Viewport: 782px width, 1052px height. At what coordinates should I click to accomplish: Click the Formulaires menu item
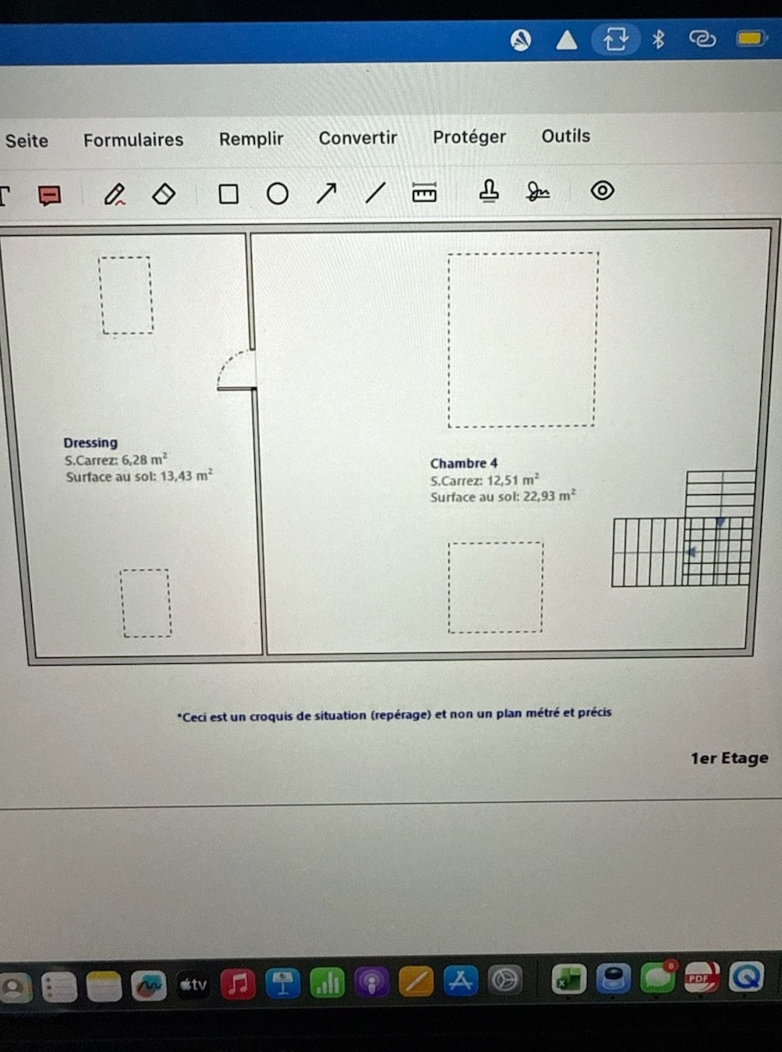click(x=133, y=140)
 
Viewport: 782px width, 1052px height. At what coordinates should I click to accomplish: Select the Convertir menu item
click(x=358, y=138)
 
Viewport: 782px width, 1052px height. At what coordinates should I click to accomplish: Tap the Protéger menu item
click(x=469, y=137)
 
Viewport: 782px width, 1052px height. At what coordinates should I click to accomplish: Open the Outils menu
click(x=566, y=136)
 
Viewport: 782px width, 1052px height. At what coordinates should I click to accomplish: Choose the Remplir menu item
click(x=251, y=140)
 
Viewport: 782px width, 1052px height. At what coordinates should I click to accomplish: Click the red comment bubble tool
click(x=49, y=196)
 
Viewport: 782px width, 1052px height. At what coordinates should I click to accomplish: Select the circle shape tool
click(x=278, y=194)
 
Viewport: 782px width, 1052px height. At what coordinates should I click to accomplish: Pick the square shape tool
click(x=228, y=194)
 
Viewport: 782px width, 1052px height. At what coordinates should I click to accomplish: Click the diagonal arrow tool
click(x=326, y=193)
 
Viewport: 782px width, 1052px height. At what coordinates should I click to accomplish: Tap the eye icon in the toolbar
click(x=603, y=191)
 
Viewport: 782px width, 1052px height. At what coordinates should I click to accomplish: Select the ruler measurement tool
click(x=424, y=192)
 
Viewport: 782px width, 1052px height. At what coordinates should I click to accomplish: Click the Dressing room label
click(x=90, y=443)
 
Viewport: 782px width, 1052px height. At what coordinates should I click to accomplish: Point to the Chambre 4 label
click(x=463, y=463)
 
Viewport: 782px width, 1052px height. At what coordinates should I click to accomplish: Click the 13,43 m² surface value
click(x=187, y=475)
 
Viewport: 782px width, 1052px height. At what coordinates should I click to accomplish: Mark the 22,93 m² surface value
click(x=549, y=496)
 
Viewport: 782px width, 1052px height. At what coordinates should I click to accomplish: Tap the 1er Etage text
click(x=729, y=758)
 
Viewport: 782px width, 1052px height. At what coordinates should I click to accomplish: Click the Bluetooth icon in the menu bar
click(x=658, y=39)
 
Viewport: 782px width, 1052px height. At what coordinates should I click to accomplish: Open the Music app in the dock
click(x=238, y=984)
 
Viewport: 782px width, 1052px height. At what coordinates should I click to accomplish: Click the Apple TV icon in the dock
click(x=193, y=985)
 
